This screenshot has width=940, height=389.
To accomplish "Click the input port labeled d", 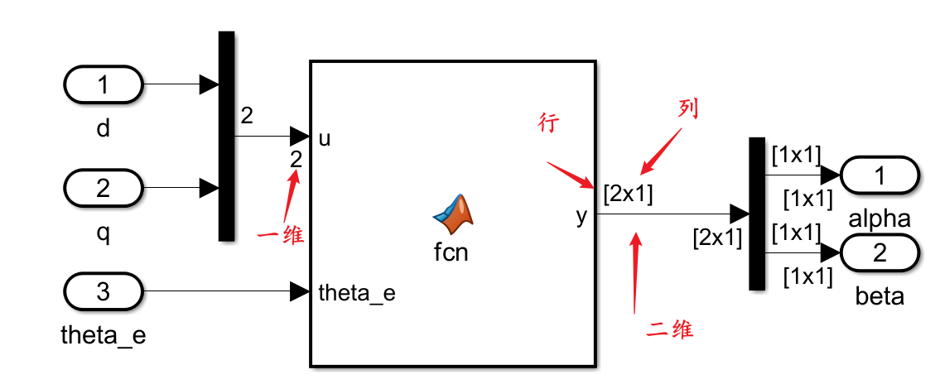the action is [104, 84].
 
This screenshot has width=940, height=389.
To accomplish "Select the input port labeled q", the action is [104, 189].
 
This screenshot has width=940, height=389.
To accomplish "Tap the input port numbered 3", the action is [104, 291].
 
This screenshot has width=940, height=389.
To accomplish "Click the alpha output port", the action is [880, 175].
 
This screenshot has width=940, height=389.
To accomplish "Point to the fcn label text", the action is [451, 252].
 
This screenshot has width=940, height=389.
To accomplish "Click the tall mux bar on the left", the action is [226, 137].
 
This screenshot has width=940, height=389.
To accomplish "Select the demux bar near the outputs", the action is [756, 214].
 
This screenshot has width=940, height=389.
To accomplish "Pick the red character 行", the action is [549, 123].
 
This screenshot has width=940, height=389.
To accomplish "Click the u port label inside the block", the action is [325, 138].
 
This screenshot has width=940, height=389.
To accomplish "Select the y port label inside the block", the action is [581, 216].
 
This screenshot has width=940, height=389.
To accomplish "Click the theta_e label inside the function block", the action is [357, 293].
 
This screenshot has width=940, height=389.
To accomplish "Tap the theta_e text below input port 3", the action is [104, 336].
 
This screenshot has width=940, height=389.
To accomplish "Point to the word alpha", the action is [880, 219].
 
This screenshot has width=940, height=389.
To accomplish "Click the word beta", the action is [880, 296].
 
